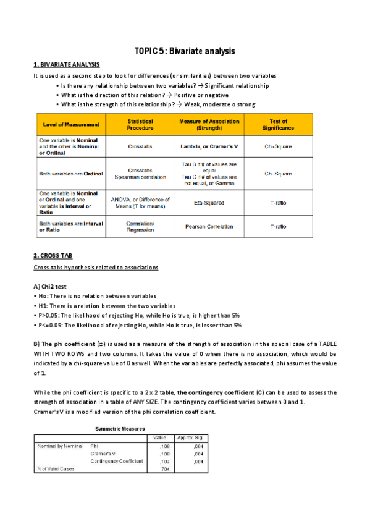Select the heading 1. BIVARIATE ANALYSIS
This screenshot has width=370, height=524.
click(x=66, y=65)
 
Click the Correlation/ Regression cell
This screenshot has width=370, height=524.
click(x=140, y=226)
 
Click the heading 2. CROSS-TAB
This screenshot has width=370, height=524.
click(x=54, y=256)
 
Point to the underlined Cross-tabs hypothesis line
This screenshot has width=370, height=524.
click(x=96, y=267)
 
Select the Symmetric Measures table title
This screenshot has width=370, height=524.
click(x=120, y=428)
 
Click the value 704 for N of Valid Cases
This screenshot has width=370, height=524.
click(x=164, y=468)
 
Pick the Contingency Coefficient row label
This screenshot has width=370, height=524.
click(x=117, y=461)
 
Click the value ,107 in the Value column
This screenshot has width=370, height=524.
click(x=164, y=461)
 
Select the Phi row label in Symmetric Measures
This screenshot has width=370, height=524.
click(x=95, y=445)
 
